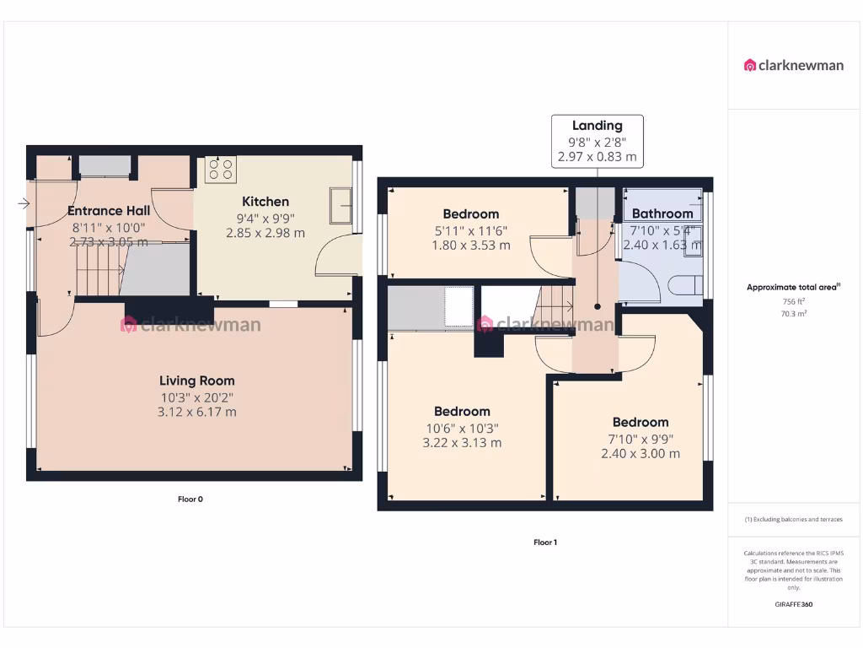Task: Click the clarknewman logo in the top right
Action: click(793, 65)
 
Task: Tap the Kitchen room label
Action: click(265, 202)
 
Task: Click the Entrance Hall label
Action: click(109, 211)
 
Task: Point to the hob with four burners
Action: click(221, 169)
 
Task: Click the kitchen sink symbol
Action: click(341, 206)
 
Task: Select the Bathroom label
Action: click(662, 213)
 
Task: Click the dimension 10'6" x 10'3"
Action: click(463, 427)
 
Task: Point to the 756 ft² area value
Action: click(793, 301)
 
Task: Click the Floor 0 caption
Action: click(190, 499)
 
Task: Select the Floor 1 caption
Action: click(545, 542)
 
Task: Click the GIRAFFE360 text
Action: click(793, 604)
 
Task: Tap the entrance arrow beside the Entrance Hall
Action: click(23, 203)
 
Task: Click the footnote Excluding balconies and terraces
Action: click(793, 519)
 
